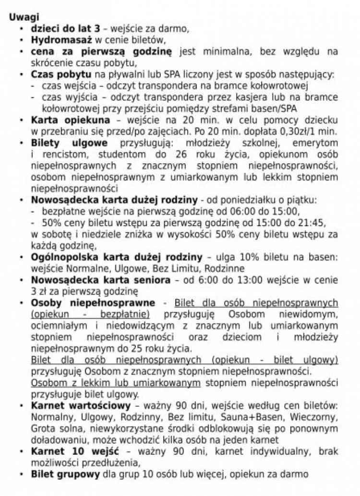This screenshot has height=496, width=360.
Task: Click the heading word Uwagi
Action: [24, 17]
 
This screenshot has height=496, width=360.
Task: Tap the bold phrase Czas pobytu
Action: [61, 74]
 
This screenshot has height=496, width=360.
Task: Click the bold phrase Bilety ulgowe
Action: [70, 144]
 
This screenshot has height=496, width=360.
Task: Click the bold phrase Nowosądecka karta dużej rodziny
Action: [114, 200]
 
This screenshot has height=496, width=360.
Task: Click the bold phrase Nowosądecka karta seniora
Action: [101, 280]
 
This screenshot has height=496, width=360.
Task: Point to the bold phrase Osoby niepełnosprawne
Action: [93, 303]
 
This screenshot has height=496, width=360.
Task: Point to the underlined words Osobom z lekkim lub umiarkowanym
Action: [116, 383]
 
